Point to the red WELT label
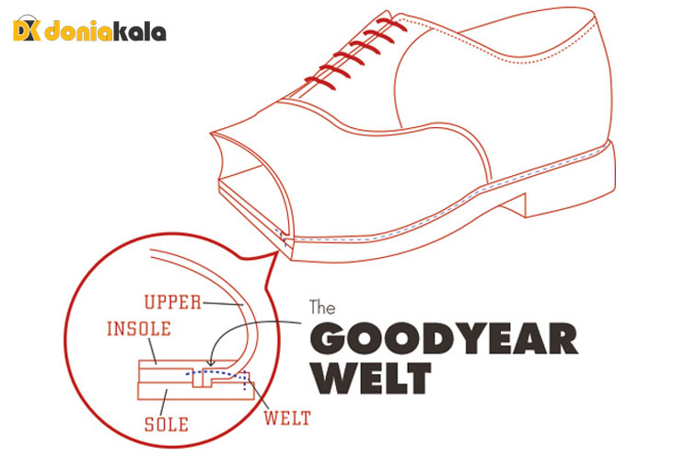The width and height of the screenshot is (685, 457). (286, 419)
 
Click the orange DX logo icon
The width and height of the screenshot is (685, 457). (26, 31)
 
